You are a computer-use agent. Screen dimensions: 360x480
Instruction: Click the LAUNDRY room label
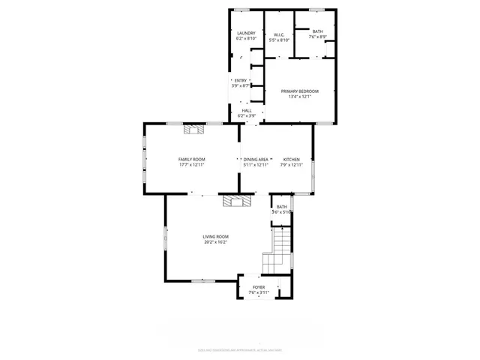point(246,33)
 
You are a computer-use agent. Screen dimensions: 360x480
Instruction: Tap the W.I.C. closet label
point(277,34)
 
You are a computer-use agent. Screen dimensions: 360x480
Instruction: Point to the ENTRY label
point(241,80)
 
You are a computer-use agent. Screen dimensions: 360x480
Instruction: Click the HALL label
point(247,110)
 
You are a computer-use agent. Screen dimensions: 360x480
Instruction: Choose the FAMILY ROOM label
point(192,159)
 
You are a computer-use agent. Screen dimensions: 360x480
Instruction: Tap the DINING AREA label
point(256,159)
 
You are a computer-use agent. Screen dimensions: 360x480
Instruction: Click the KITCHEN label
point(292,159)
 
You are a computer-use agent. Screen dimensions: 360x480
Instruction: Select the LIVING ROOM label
point(214,237)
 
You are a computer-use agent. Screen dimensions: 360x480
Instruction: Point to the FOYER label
point(259,286)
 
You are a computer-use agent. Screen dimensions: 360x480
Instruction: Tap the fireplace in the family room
point(195,129)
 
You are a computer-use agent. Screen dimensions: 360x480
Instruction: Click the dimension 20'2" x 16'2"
point(214,242)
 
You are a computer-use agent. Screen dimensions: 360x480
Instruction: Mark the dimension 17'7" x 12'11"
point(192,164)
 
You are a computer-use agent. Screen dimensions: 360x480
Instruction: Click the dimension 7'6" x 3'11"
point(259,292)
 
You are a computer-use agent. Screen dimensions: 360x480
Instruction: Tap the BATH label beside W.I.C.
point(318,31)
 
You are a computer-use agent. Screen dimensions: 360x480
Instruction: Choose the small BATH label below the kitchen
point(281,206)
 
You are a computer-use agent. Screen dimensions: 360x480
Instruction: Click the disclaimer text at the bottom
point(240,349)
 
